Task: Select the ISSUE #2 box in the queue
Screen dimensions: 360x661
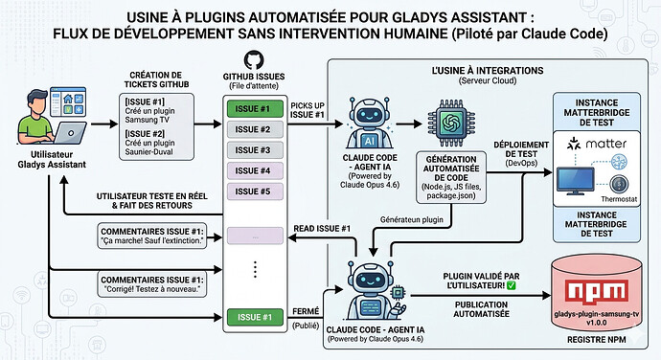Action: click(254, 129)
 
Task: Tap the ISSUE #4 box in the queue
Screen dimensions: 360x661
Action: click(254, 171)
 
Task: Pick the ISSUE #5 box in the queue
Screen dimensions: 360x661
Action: click(254, 191)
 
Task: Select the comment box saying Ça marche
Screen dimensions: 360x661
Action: click(157, 236)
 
